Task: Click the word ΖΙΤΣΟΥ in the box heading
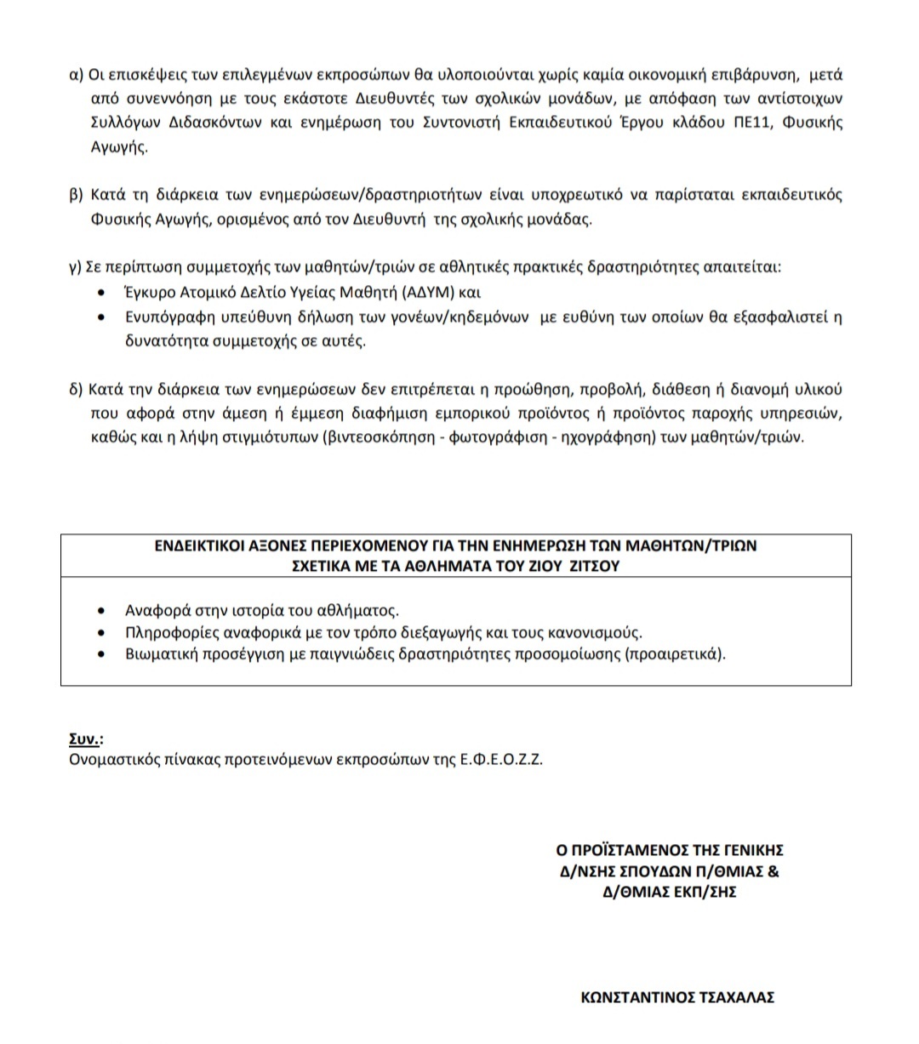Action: click(x=596, y=566)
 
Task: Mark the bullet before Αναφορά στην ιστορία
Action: click(x=103, y=611)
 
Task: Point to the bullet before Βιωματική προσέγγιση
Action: click(x=103, y=655)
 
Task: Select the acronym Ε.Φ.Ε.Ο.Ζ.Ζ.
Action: click(x=500, y=759)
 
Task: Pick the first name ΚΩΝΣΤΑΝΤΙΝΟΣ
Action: click(x=633, y=998)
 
